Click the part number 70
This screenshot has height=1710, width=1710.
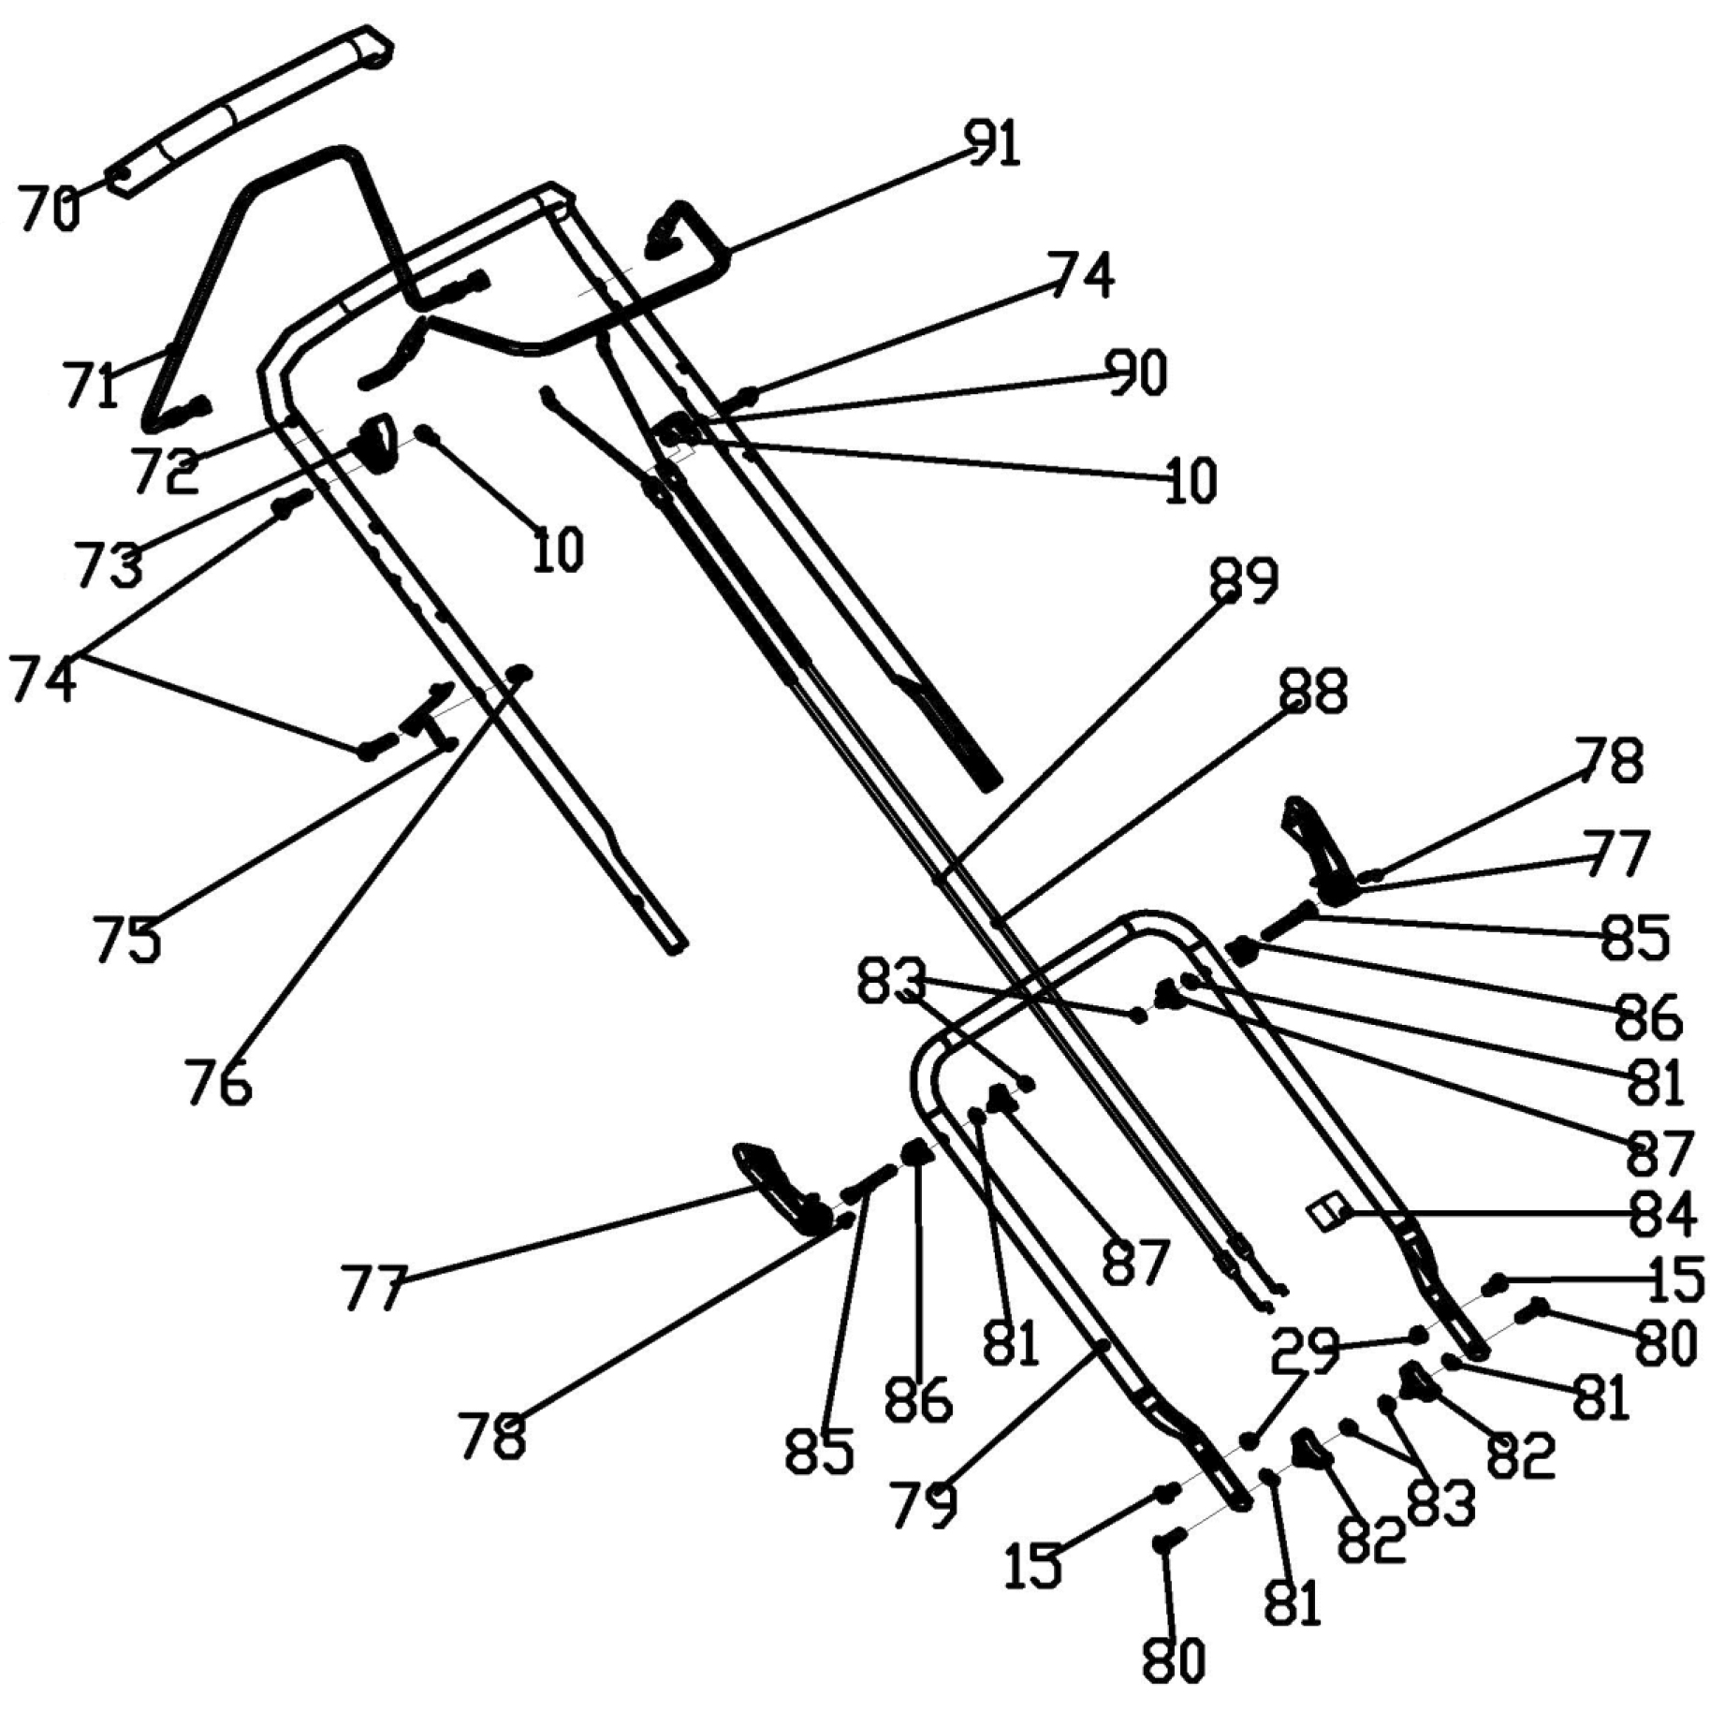[x=49, y=209]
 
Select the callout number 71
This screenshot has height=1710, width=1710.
[x=91, y=385]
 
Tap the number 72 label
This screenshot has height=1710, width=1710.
[x=166, y=470]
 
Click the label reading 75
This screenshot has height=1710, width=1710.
[x=126, y=938]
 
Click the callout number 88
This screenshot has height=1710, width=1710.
[x=1313, y=692]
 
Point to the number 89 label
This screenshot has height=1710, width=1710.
[x=1244, y=581]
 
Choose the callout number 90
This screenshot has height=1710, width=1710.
[x=1137, y=373]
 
